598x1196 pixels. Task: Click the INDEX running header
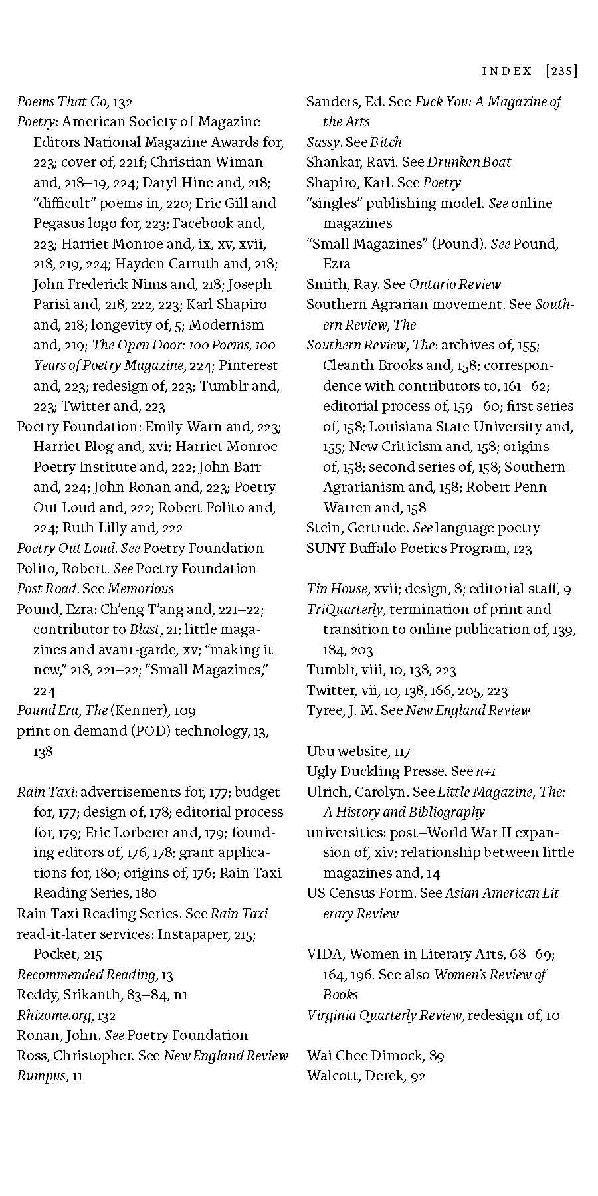click(x=507, y=71)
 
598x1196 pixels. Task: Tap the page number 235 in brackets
click(x=561, y=71)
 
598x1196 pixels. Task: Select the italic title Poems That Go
click(x=62, y=102)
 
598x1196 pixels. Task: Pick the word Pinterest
click(x=249, y=365)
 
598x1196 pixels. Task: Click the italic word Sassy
click(x=324, y=142)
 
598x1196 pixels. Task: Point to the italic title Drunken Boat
click(x=469, y=162)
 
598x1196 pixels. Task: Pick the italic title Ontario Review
click(x=455, y=284)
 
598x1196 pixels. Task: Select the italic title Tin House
click(x=337, y=589)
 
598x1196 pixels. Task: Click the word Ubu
click(x=320, y=751)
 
